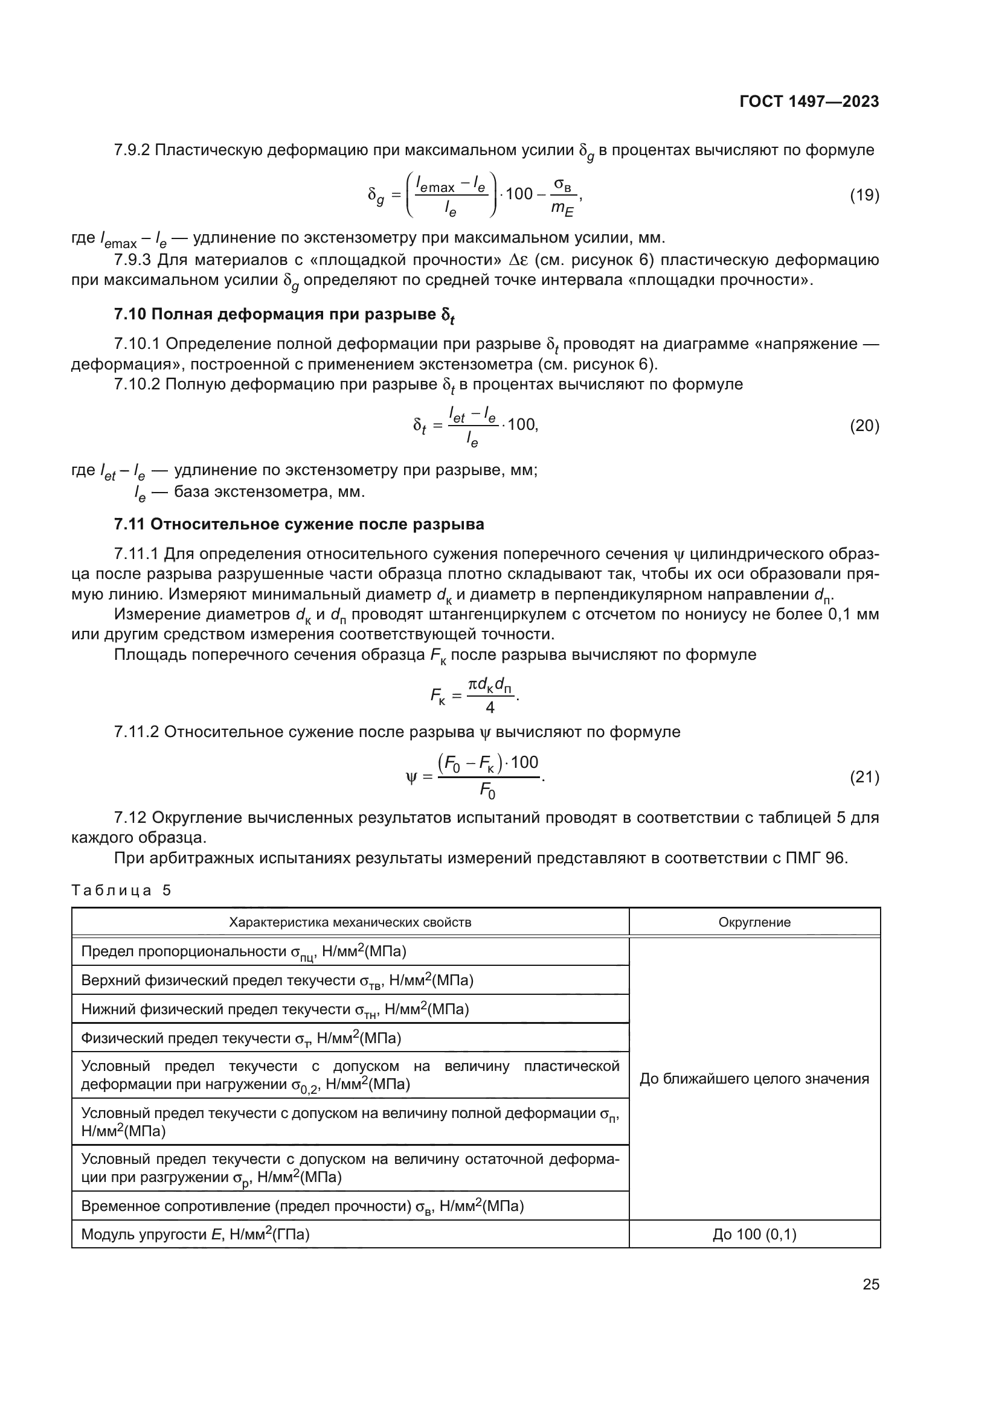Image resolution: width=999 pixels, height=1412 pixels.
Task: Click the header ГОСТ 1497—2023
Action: pyautogui.click(x=809, y=102)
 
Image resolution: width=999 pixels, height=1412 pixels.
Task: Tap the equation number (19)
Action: pyautogui.click(x=864, y=196)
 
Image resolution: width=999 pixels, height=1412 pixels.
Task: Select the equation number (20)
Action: pyautogui.click(x=864, y=426)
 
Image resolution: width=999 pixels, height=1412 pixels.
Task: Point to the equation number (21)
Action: pyautogui.click(x=864, y=778)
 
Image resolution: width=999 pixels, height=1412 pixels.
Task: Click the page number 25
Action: pyautogui.click(x=871, y=1284)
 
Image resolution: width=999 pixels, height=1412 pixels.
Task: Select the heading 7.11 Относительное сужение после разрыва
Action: pyautogui.click(x=299, y=525)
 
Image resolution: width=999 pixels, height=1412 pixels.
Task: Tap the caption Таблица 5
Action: pyautogui.click(x=121, y=890)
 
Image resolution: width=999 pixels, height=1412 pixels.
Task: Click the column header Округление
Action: pyautogui.click(x=754, y=922)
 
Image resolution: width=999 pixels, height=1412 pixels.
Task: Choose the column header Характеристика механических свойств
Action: pyautogui.click(x=350, y=922)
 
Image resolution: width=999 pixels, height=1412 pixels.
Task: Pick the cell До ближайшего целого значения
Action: pyautogui.click(x=754, y=1079)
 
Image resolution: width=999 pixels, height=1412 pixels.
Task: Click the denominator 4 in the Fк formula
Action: pyautogui.click(x=490, y=708)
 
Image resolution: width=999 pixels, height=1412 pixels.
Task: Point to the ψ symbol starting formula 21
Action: pyautogui.click(x=411, y=779)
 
